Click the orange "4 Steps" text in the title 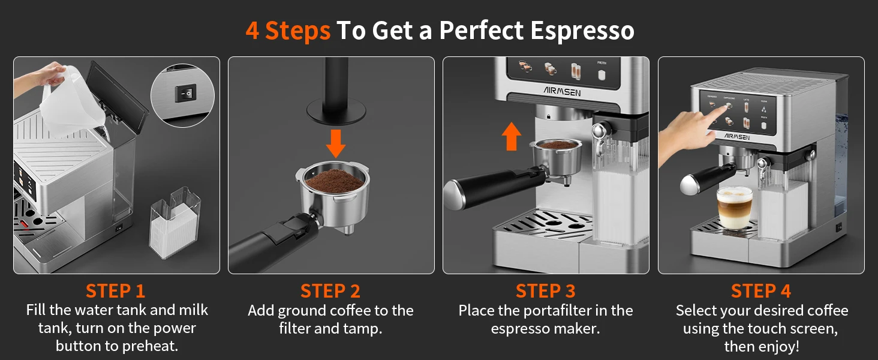(288, 31)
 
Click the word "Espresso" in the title (582, 31)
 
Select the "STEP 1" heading (116, 292)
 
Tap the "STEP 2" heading (330, 292)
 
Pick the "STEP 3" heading (546, 292)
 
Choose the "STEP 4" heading (761, 292)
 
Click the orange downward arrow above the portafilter (336, 143)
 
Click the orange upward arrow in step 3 (512, 136)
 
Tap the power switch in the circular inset (185, 94)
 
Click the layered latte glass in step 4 (735, 208)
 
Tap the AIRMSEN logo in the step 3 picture (562, 91)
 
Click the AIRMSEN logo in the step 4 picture (737, 136)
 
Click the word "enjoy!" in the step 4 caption (780, 347)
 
